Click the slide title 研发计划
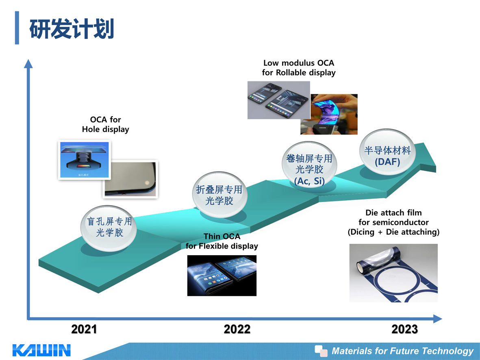(x=72, y=29)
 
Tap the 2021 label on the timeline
(x=84, y=330)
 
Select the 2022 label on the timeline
(x=237, y=330)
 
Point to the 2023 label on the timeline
(x=404, y=330)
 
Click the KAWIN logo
(x=41, y=350)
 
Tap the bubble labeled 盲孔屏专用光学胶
(x=109, y=228)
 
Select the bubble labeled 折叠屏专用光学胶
(x=219, y=195)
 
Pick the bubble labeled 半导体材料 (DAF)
(x=387, y=152)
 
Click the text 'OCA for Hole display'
(x=106, y=124)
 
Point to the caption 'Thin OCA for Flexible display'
(x=222, y=241)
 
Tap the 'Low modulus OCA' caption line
(x=298, y=63)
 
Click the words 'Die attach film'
(x=393, y=213)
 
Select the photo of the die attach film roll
(x=393, y=273)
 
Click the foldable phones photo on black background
(x=222, y=275)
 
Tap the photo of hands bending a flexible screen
(x=329, y=114)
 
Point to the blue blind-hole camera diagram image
(x=85, y=160)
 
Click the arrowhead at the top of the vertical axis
(x=28, y=63)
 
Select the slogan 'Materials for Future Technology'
(x=402, y=351)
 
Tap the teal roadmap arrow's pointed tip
(x=436, y=165)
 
